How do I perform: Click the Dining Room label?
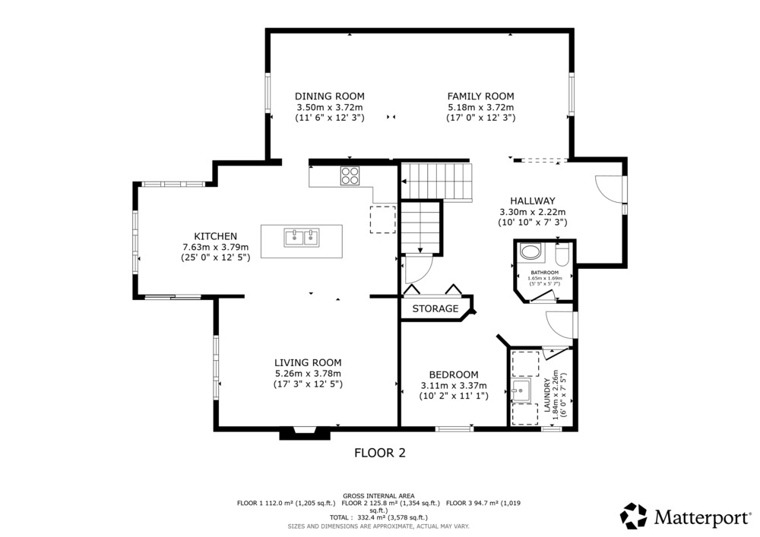pyautogui.click(x=330, y=96)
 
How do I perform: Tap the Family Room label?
pyautogui.click(x=480, y=96)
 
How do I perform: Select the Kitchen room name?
pyautogui.click(x=216, y=236)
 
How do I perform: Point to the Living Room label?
pyautogui.click(x=308, y=362)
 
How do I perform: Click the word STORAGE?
pyautogui.click(x=435, y=308)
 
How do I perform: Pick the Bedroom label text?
pyautogui.click(x=454, y=374)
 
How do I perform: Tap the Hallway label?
pyautogui.click(x=533, y=201)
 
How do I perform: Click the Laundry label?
pyautogui.click(x=547, y=395)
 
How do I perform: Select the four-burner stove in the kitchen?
pyautogui.click(x=350, y=175)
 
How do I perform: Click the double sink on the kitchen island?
pyautogui.click(x=302, y=237)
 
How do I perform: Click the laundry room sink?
pyautogui.click(x=521, y=390)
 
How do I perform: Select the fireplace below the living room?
pyautogui.click(x=305, y=433)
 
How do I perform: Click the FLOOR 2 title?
pyautogui.click(x=380, y=453)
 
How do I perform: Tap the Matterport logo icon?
pyautogui.click(x=634, y=516)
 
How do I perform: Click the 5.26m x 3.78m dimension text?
pyautogui.click(x=308, y=374)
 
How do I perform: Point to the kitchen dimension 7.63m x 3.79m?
pyautogui.click(x=216, y=247)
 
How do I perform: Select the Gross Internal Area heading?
pyautogui.click(x=378, y=496)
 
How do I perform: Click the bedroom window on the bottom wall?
pyautogui.click(x=454, y=428)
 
